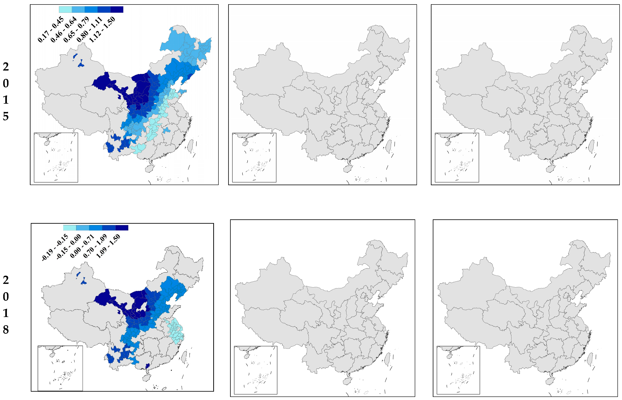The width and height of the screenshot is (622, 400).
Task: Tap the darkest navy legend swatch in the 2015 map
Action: pos(117,10)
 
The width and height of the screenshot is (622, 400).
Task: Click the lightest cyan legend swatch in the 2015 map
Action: pos(65,10)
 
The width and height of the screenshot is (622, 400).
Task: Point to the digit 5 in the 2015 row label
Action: pos(6,116)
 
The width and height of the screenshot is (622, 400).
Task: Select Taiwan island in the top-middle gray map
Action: pos(389,146)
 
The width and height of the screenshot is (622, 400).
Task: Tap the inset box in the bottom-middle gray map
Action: pos(255,370)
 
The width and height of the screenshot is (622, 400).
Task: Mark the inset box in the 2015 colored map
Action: pos(56,157)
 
